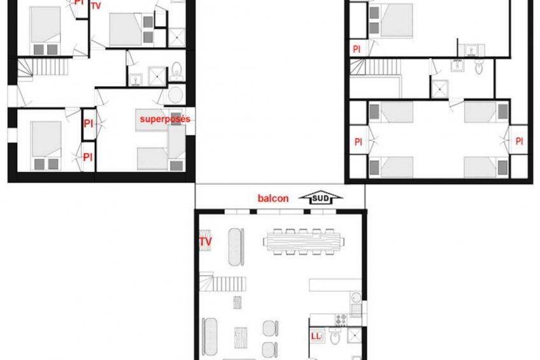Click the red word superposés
(165, 119)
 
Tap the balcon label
(273, 198)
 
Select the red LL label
(316, 336)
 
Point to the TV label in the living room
(206, 242)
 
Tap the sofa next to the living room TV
(237, 247)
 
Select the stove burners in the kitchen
(341, 319)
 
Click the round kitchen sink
(356, 297)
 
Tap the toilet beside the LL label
(335, 338)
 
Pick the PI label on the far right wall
(519, 141)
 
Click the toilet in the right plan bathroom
(479, 66)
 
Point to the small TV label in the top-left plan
(96, 6)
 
